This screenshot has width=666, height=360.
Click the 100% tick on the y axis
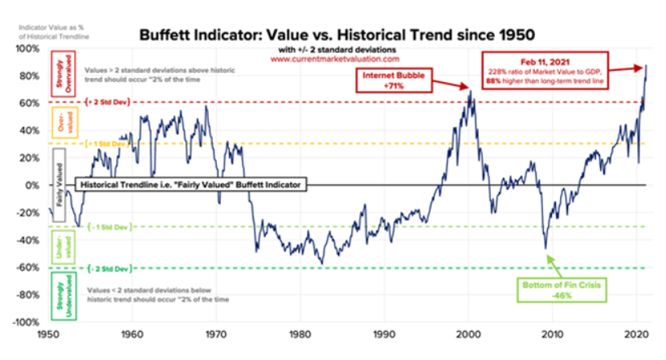(x=27, y=48)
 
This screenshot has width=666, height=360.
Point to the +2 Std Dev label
(x=105, y=103)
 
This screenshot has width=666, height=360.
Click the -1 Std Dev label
(x=105, y=227)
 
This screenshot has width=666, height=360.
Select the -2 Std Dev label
(x=105, y=268)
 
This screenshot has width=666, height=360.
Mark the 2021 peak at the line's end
(x=647, y=66)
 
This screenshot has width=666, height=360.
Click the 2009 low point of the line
(x=545, y=248)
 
